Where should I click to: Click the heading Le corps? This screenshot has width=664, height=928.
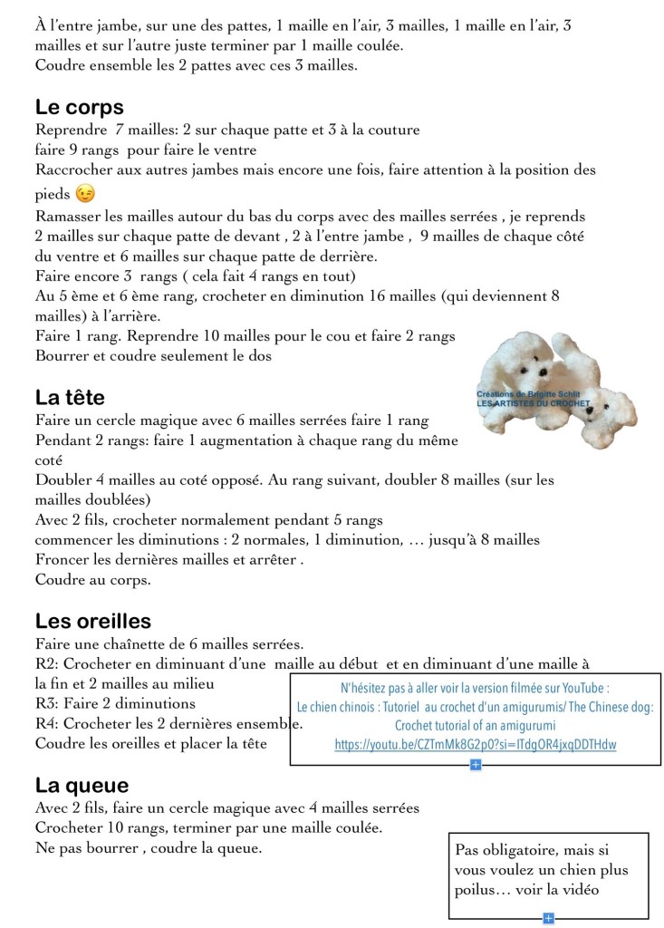point(80,107)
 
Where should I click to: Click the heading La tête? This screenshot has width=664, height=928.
point(70,397)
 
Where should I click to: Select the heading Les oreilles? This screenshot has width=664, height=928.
point(93,621)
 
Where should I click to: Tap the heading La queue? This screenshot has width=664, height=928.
point(82,785)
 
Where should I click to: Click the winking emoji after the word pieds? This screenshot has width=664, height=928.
point(85,194)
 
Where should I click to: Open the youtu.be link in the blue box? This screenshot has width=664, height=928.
point(475,745)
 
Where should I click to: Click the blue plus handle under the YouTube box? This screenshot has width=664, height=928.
point(476,765)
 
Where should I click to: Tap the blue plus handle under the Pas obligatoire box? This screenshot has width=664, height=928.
point(548,918)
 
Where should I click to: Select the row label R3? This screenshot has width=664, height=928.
point(47,703)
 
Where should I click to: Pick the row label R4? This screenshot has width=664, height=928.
point(47,723)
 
